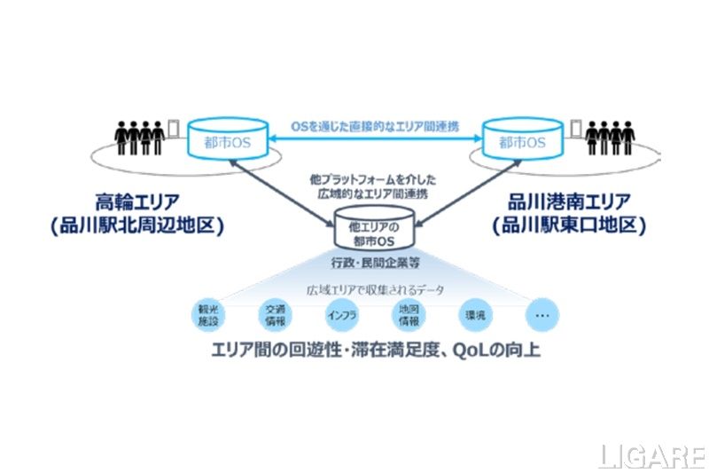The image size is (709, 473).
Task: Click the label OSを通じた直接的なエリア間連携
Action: pos(370,128)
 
